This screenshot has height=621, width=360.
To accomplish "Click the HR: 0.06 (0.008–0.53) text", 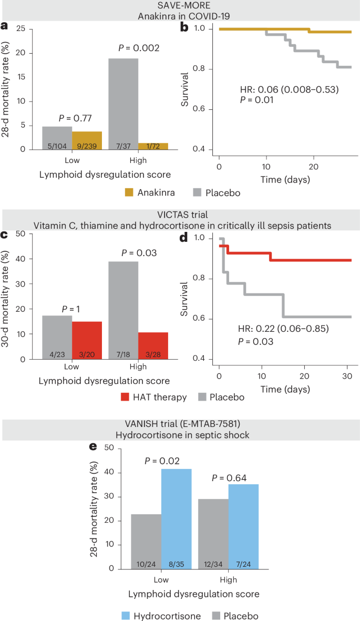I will click(x=285, y=89).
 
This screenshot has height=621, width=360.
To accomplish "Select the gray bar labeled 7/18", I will click(x=124, y=310).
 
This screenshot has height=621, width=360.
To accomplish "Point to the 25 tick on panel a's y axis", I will click(x=20, y=29).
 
